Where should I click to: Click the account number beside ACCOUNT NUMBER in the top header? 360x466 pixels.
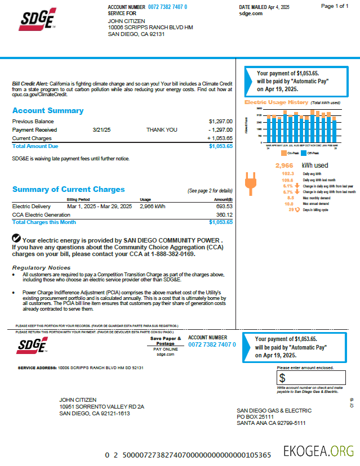[x=167, y=7]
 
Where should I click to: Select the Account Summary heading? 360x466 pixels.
[x=48, y=111]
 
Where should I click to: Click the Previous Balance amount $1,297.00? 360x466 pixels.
[x=220, y=121]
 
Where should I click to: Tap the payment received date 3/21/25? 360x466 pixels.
[x=101, y=129]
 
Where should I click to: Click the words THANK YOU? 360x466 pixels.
[x=162, y=129]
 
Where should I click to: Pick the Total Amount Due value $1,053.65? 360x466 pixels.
[x=220, y=146]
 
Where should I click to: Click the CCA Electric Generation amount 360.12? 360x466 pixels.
[x=224, y=214]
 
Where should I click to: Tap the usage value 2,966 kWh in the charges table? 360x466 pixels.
[x=152, y=207]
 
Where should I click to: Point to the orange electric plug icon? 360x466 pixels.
[x=250, y=185]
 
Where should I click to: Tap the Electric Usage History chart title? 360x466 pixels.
[x=276, y=102]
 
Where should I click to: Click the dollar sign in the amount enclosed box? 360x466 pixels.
[x=282, y=378]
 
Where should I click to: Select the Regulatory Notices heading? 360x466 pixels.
[x=41, y=267]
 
